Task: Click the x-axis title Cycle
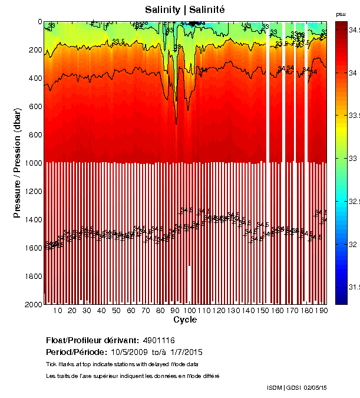185,320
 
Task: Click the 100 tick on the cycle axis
189,311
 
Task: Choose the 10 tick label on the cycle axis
58,311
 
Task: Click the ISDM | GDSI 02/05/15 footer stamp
297,387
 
